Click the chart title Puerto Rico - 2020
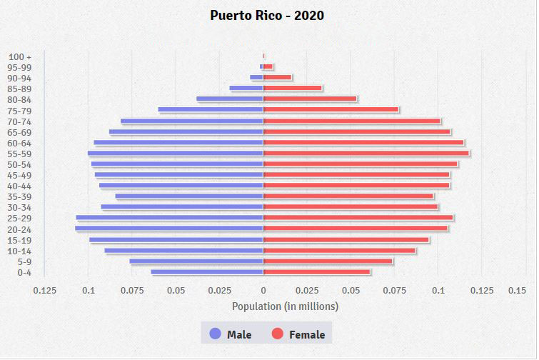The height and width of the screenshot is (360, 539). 267,15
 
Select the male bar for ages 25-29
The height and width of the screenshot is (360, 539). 170,217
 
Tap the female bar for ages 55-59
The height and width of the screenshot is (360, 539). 366,153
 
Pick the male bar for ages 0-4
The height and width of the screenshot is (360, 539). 207,271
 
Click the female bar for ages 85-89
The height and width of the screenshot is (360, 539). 293,89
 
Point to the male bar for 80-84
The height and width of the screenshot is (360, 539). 230,99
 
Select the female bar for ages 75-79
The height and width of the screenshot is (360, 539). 331,110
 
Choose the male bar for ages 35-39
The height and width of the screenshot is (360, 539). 189,196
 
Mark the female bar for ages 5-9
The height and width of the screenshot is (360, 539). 328,261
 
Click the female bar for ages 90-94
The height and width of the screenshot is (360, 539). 278,77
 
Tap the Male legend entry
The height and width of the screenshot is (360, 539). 231,334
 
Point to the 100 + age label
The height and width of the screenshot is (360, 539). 20,56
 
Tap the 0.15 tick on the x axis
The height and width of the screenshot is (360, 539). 516,290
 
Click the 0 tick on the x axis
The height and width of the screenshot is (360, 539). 263,290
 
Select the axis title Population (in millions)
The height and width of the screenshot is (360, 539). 285,306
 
